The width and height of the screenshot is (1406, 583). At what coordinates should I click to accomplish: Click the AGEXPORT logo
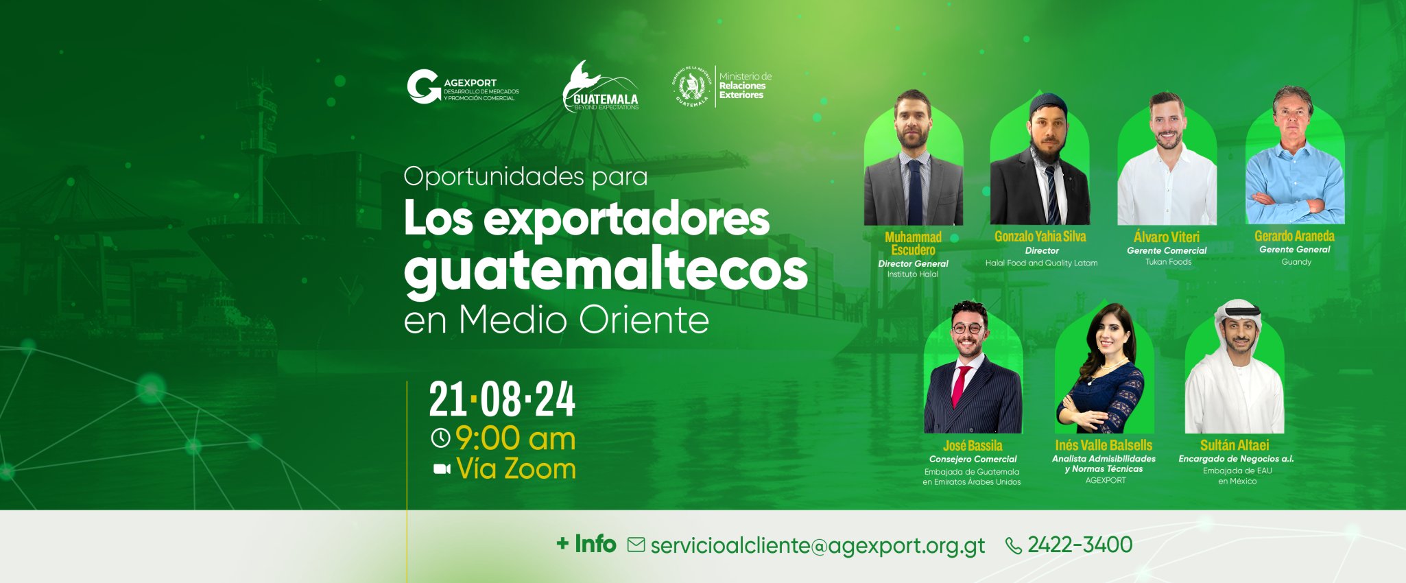tap(462, 87)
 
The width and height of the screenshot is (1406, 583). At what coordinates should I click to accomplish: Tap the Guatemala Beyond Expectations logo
tap(601, 87)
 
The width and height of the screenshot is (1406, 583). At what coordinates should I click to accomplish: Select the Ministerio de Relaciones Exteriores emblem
tap(691, 87)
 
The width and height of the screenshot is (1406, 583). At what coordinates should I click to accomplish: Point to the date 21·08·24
tap(502, 400)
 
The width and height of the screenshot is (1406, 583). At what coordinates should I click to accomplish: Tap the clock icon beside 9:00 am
tap(440, 438)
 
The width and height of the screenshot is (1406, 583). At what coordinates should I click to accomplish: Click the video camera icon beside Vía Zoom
tap(442, 469)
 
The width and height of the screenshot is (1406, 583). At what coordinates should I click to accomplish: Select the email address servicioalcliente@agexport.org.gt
tap(817, 546)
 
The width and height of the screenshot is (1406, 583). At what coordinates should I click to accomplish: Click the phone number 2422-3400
tap(1080, 545)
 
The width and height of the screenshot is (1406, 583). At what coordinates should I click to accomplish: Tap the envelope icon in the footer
tap(636, 545)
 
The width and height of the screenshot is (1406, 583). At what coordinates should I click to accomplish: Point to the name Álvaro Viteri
tap(1167, 237)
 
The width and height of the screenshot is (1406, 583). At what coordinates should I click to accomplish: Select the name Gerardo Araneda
tap(1294, 237)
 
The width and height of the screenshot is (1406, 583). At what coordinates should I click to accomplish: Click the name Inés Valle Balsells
tap(1104, 446)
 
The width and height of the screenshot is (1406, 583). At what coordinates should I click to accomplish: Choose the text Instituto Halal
tap(912, 274)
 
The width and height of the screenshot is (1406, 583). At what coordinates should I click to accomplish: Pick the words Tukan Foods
tap(1168, 262)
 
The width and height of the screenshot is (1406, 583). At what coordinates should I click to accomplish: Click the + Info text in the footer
tap(586, 544)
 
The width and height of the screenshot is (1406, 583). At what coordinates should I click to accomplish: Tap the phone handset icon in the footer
tap(1013, 546)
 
